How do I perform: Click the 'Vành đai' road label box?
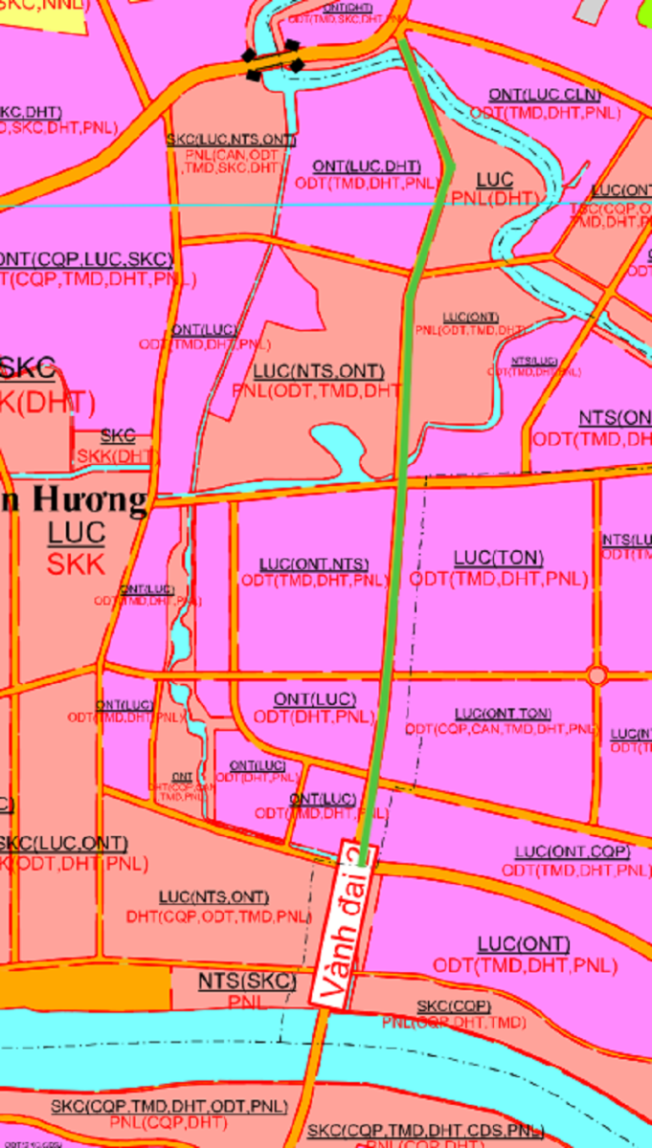345,924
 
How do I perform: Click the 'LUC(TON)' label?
498,558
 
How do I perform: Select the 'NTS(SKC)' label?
247,982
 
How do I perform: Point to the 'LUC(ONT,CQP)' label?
572,851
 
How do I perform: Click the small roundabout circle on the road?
597,675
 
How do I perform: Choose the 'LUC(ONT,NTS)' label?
313,564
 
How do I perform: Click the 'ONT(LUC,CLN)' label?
544,95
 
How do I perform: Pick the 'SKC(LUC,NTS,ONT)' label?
231,140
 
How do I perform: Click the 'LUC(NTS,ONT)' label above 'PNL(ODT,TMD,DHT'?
319,371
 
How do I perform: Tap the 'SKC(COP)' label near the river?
454,1006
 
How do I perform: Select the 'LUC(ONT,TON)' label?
503,714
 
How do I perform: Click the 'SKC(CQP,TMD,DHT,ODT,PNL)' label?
169,1106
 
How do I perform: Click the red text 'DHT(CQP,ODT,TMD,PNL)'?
218,916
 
